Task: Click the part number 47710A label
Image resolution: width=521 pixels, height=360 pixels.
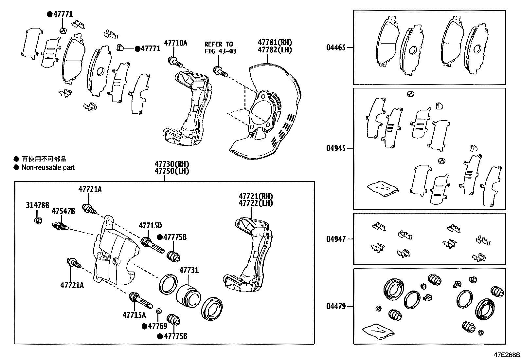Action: coord(175,43)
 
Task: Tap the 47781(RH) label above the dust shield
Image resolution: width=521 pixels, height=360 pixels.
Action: coord(275,43)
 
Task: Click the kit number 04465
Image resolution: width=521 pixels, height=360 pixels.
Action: coord(335,48)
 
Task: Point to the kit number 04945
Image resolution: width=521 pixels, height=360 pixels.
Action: coord(335,148)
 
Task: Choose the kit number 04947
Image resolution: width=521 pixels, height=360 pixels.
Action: coord(335,239)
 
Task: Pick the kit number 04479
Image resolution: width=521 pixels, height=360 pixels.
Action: coord(335,307)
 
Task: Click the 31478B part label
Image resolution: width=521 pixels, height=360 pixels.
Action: coord(37,205)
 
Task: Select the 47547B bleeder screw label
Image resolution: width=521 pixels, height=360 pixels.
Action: coord(63,211)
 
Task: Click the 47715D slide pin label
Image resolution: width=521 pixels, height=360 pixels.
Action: coord(150,226)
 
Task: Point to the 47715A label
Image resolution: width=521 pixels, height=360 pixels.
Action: coord(134,315)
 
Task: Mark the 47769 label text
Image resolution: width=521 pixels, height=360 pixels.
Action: coord(157,326)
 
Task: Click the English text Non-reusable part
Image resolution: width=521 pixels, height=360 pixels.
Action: coord(48,167)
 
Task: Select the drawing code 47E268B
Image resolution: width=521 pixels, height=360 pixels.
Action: coord(507,355)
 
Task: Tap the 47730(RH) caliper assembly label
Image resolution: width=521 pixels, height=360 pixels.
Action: coord(172,164)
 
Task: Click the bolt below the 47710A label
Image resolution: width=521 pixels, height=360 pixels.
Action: coord(175,61)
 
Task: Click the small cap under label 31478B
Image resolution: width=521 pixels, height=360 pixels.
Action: coord(38,220)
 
